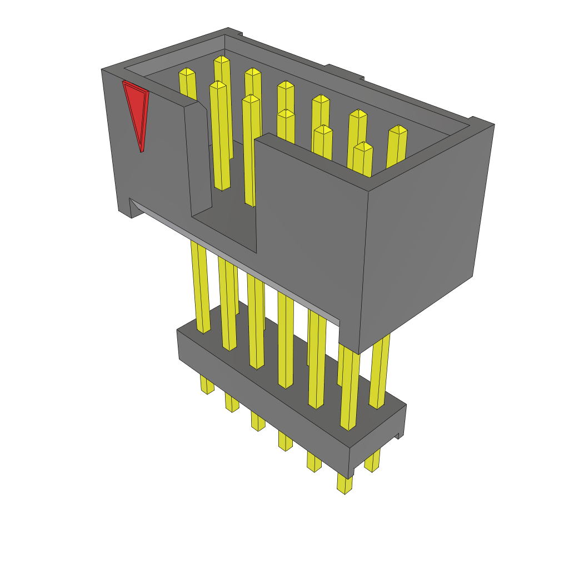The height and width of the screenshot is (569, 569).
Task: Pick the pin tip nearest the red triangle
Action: click(x=187, y=72)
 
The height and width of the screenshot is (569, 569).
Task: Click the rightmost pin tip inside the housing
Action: click(x=397, y=131)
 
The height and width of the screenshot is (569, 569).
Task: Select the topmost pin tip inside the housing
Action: click(x=222, y=59)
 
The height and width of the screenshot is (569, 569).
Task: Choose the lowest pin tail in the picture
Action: click(x=345, y=483)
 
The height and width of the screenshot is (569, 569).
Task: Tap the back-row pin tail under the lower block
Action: click(x=372, y=461)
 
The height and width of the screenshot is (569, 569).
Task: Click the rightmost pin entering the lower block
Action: click(x=378, y=372)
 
